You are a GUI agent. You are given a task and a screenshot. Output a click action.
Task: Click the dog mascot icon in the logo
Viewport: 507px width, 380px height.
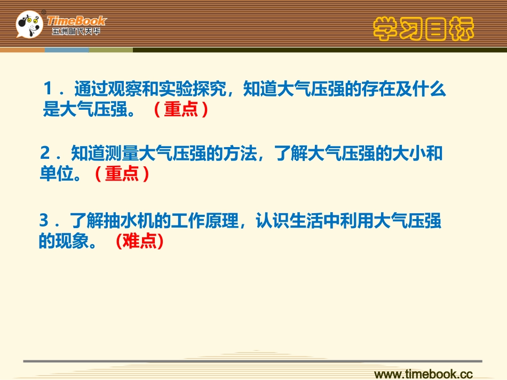point(29,24)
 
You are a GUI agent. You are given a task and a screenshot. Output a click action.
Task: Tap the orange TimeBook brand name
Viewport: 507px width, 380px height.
point(77,21)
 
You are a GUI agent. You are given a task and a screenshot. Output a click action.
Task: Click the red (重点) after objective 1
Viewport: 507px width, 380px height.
point(180,109)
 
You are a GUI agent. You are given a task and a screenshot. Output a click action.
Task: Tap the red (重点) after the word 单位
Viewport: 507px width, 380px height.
point(122,174)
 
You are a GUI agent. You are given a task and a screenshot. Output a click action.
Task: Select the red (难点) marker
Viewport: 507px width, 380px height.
point(139,241)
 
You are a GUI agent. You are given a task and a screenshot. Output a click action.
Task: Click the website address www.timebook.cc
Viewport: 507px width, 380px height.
point(424,373)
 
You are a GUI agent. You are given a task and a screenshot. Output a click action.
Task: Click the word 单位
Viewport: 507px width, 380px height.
point(56,174)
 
